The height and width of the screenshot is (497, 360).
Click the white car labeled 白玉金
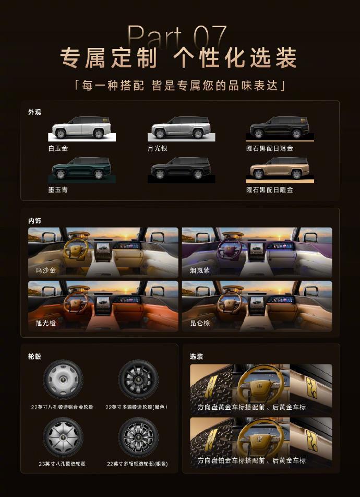point(81,128)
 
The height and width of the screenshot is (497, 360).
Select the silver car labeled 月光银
point(181,128)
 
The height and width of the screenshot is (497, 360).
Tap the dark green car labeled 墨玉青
point(81,168)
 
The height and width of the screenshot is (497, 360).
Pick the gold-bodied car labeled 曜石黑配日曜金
point(280,168)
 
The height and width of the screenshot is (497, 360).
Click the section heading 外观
point(34,112)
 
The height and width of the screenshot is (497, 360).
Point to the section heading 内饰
point(34,221)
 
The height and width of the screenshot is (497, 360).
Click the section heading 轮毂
point(34,356)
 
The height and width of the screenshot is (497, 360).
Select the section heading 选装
point(196,356)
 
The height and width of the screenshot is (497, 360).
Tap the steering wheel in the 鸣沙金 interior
point(76,249)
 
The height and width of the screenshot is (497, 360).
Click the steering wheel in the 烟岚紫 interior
point(230,249)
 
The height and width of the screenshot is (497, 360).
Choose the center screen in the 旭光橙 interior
point(103,305)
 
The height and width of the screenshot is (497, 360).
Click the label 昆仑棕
point(200,323)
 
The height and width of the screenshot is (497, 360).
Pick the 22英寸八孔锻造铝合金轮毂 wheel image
point(63,380)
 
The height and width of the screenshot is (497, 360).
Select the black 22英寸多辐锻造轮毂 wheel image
point(138,380)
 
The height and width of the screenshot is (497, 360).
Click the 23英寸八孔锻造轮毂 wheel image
point(63,437)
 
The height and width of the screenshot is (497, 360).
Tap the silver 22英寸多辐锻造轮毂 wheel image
point(138,437)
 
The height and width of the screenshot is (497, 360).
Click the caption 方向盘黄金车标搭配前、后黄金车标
point(251,407)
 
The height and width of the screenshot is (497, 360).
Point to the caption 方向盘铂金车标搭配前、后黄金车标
point(251,460)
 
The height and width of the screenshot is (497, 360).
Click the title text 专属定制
point(109,57)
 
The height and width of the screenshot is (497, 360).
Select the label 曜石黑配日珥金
point(270,148)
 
